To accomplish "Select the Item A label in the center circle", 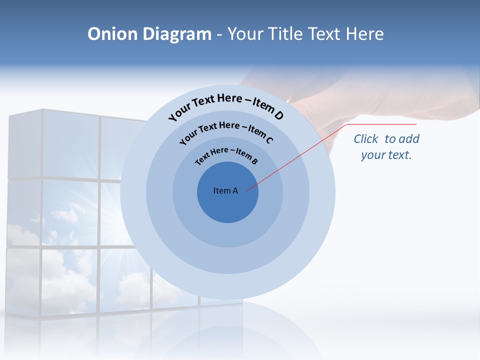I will (x=225, y=190).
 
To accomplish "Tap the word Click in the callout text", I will (x=367, y=139).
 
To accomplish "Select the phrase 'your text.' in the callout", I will (x=386, y=155).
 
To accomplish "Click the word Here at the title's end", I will (x=363, y=34).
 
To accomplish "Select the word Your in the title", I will (x=247, y=34).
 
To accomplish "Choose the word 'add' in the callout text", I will (x=409, y=139).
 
